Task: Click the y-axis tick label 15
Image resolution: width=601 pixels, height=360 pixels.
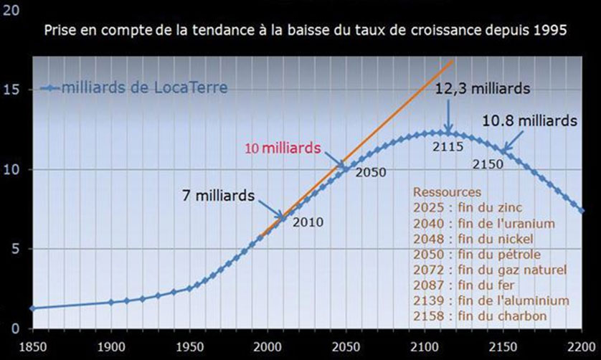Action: (14, 90)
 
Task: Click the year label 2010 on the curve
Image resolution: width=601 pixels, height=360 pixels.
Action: (308, 222)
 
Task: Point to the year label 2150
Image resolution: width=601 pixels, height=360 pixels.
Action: (489, 164)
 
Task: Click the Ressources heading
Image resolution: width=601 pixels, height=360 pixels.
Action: (447, 193)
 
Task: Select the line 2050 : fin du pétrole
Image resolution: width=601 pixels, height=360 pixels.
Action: (478, 255)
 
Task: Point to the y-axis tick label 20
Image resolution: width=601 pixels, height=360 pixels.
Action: (14, 11)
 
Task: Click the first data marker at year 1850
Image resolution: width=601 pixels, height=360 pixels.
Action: (32, 308)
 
